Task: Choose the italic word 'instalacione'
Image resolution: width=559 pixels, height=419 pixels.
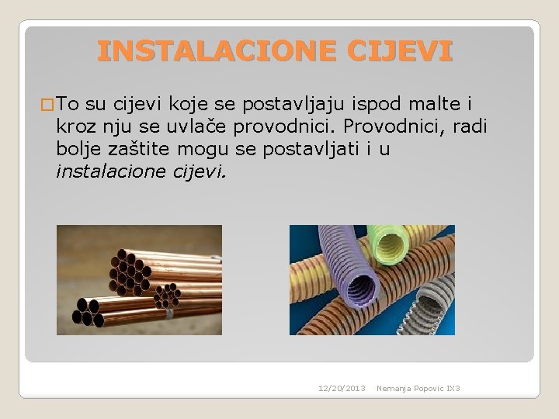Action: click(108, 171)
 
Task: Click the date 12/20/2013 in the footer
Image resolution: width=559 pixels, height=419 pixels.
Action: click(342, 388)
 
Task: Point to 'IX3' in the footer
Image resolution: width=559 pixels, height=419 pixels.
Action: click(453, 388)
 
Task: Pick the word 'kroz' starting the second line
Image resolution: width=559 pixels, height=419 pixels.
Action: click(72, 126)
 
